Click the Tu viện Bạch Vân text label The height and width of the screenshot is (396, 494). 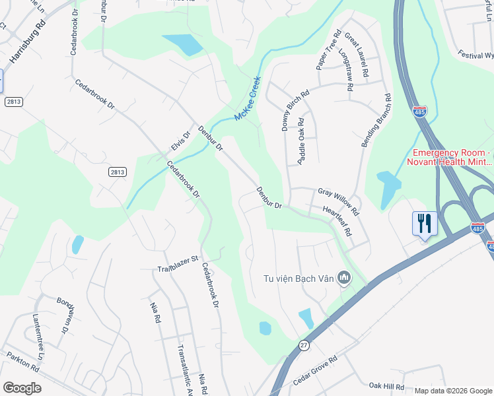pyautogui.click(x=297, y=279)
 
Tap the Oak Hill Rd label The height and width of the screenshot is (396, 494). pyautogui.click(x=386, y=385)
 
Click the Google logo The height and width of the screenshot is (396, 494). pyautogui.click(x=22, y=388)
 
